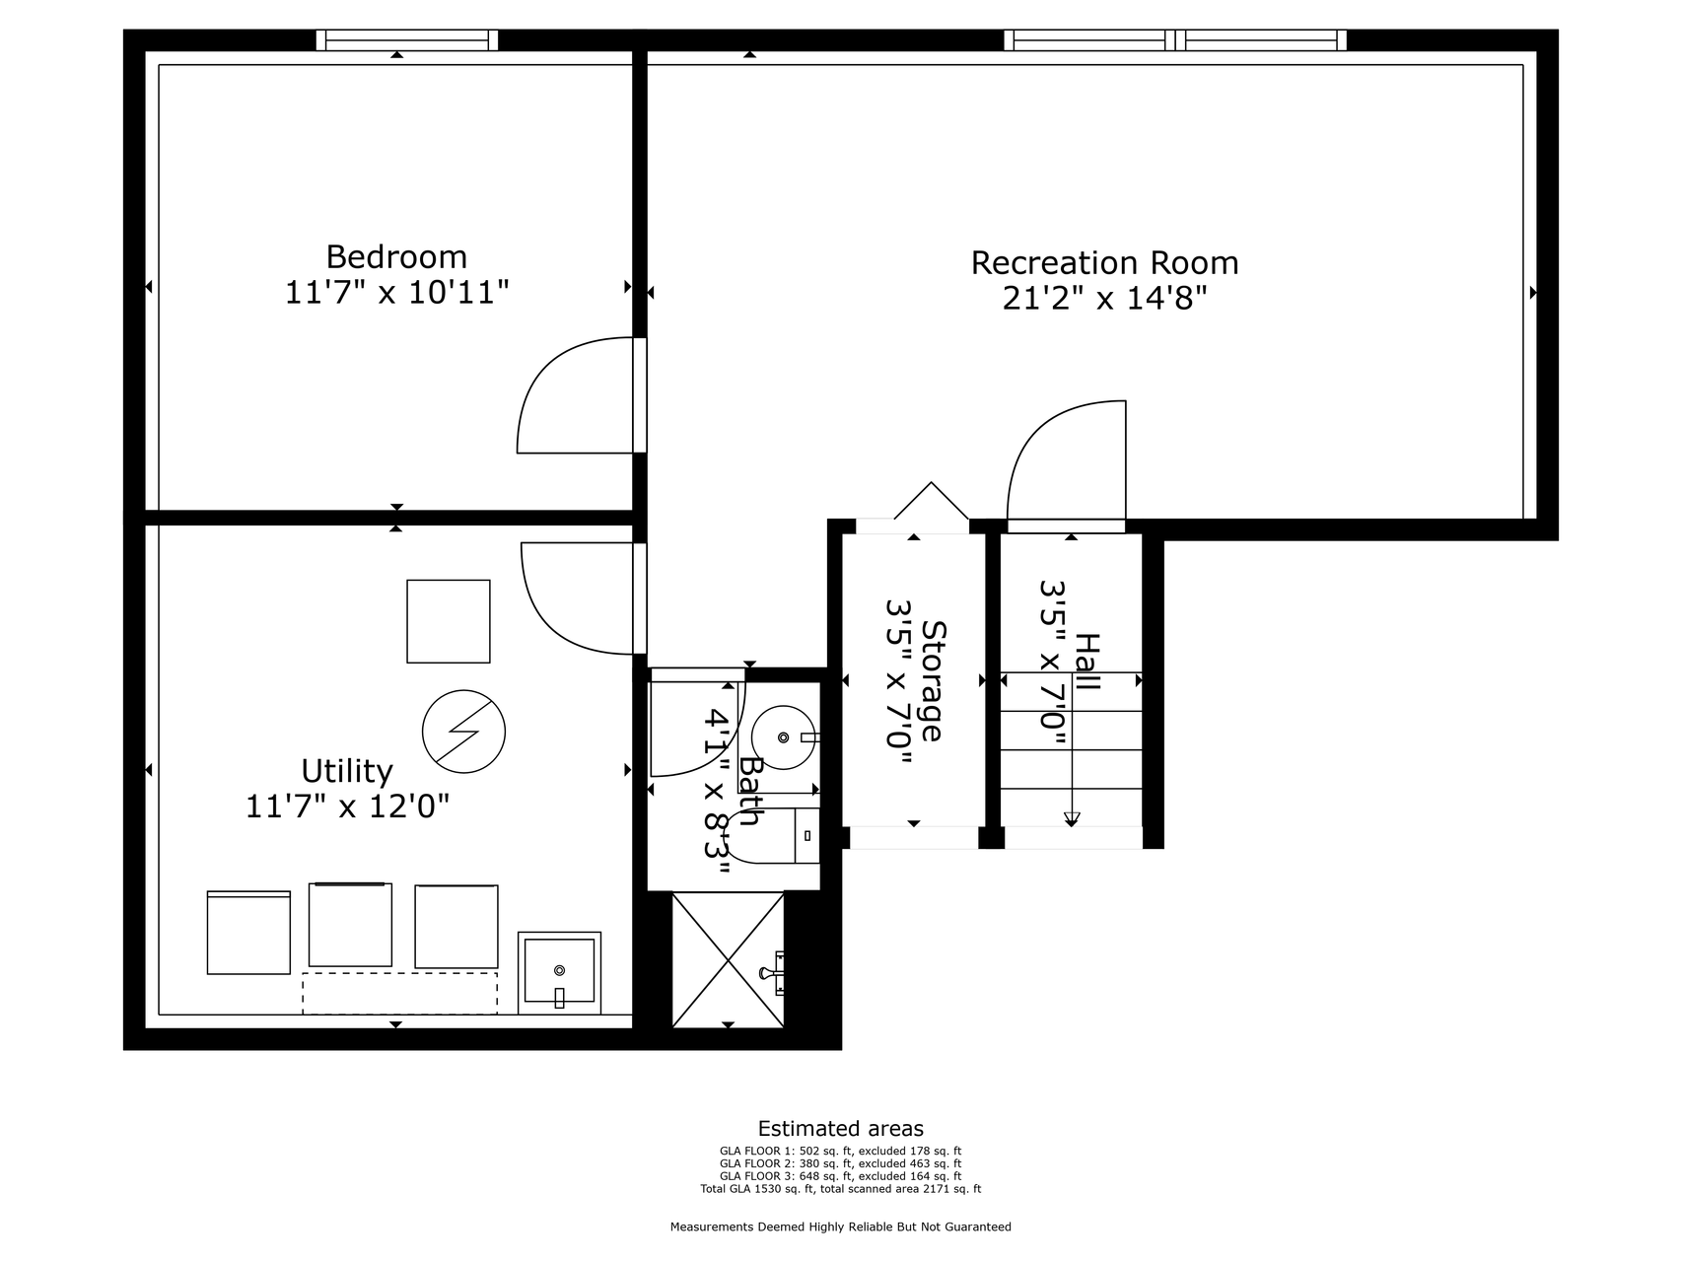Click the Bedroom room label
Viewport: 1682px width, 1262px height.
click(x=396, y=257)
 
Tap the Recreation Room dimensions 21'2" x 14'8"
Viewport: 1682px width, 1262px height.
click(x=1105, y=298)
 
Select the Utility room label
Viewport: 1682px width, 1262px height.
click(x=347, y=771)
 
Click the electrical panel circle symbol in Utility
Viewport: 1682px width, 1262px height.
click(x=463, y=732)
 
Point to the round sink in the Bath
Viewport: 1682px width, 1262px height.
click(x=784, y=736)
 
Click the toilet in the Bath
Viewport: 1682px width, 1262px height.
click(x=779, y=836)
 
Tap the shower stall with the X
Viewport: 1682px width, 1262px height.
click(x=728, y=959)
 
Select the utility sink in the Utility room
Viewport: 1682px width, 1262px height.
click(x=559, y=973)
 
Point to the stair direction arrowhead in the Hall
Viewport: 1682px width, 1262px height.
click(x=1072, y=818)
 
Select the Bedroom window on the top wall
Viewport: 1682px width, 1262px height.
click(x=407, y=39)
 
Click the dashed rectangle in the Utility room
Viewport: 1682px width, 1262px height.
click(x=399, y=993)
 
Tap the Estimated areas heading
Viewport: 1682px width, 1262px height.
click(x=841, y=1129)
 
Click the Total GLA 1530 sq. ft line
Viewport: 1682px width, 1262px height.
click(x=841, y=1189)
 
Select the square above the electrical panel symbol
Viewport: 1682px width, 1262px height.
click(x=449, y=621)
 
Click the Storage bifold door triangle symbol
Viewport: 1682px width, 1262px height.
click(x=932, y=501)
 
